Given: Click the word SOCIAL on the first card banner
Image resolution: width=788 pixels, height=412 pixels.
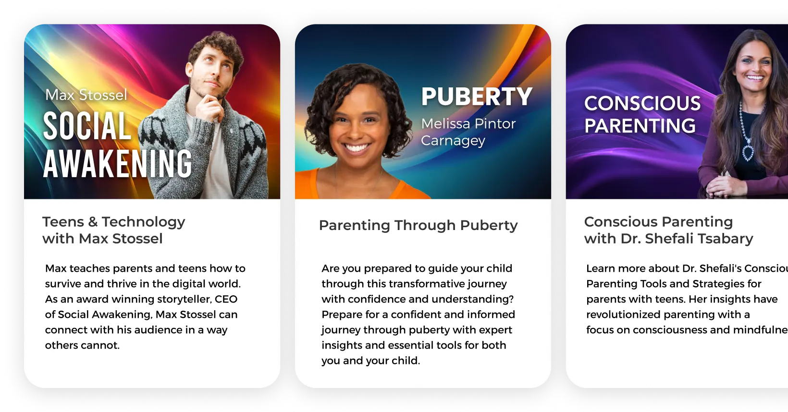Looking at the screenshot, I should pyautogui.click(x=87, y=126).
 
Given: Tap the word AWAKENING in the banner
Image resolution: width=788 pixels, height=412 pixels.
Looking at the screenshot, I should pyautogui.click(x=118, y=164).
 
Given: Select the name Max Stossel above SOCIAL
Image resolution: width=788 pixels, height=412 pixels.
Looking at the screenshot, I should pyautogui.click(x=86, y=95).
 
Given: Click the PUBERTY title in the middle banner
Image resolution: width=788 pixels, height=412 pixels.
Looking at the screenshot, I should pyautogui.click(x=477, y=97).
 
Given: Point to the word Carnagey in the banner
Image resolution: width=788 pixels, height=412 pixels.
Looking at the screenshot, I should pyautogui.click(x=453, y=141).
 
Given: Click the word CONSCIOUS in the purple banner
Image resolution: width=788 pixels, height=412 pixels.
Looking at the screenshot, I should pyautogui.click(x=642, y=104).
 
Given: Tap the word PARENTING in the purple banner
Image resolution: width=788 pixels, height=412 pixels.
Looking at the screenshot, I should pyautogui.click(x=640, y=126).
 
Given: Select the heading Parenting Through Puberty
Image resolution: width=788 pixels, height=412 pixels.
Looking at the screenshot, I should pyautogui.click(x=418, y=225).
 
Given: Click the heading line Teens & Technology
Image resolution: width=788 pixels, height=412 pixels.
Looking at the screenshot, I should pyautogui.click(x=113, y=222).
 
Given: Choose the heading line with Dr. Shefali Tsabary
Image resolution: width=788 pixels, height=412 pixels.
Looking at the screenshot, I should pyautogui.click(x=668, y=239).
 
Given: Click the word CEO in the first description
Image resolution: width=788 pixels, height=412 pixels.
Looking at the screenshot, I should pyautogui.click(x=226, y=299).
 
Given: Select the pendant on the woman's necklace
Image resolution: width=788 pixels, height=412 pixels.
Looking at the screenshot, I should pyautogui.click(x=748, y=152).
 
